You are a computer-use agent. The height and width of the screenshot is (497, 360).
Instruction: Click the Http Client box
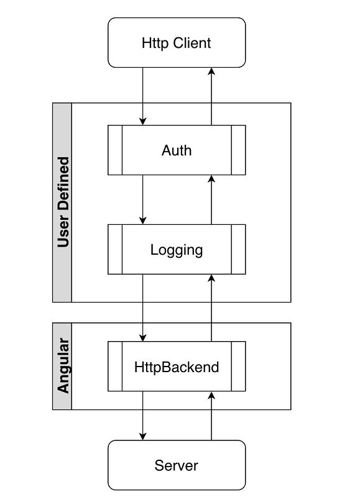(x=177, y=43)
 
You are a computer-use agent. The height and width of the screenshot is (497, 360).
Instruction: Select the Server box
(x=177, y=465)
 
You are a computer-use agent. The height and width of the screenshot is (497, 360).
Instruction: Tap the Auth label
(x=177, y=150)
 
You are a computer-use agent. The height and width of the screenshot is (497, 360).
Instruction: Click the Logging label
(x=177, y=250)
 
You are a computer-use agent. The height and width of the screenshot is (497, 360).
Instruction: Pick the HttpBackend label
(x=177, y=367)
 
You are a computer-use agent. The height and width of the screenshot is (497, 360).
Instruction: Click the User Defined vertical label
(x=62, y=203)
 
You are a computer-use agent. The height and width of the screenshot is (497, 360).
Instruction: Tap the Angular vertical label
(x=62, y=367)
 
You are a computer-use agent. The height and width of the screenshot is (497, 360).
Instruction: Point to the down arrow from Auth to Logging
(x=144, y=199)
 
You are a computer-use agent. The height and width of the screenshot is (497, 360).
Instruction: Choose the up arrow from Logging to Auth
(x=211, y=199)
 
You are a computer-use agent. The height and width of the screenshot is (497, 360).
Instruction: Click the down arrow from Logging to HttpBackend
(x=144, y=308)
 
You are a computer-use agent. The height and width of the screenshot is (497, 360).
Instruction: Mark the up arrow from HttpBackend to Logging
(x=211, y=308)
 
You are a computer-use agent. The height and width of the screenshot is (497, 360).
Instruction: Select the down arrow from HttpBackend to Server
(x=144, y=416)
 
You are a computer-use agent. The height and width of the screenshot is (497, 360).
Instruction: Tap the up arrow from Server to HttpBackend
(x=211, y=416)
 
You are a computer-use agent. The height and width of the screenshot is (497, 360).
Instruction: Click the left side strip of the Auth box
(x=115, y=150)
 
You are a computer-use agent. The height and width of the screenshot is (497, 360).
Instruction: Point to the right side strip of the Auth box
(x=238, y=150)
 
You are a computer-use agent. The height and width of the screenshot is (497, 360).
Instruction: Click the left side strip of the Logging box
(x=115, y=250)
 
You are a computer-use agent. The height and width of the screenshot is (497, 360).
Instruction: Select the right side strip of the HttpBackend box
(x=238, y=367)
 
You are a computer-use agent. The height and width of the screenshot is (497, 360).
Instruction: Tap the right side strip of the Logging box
(x=238, y=250)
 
